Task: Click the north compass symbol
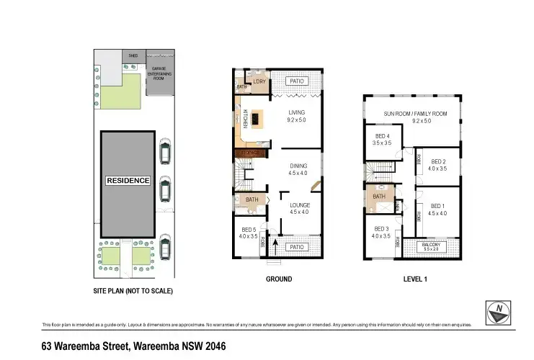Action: (x=499, y=310)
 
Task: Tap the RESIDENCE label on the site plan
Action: (x=128, y=181)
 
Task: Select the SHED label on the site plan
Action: (x=133, y=55)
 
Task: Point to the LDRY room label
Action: (x=259, y=82)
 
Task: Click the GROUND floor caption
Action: (x=279, y=279)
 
